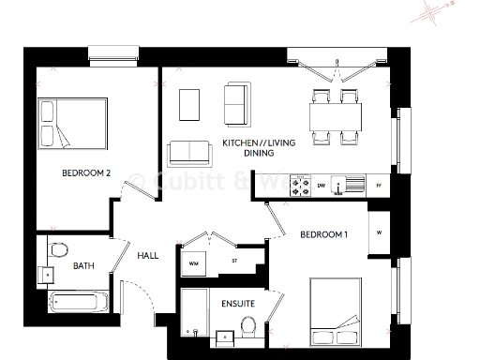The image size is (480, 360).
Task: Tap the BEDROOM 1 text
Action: [323, 234]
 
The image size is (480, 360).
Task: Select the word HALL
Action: [148, 255]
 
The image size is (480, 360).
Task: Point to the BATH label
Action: [82, 265]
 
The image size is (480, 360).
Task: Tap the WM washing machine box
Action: [194, 262]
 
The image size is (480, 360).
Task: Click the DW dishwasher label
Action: [322, 186]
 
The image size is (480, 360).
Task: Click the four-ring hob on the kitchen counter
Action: [301, 185]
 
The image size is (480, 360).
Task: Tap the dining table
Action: [336, 117]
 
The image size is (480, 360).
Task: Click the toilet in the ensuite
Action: [248, 327]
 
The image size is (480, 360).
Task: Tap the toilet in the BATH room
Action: [60, 249]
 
